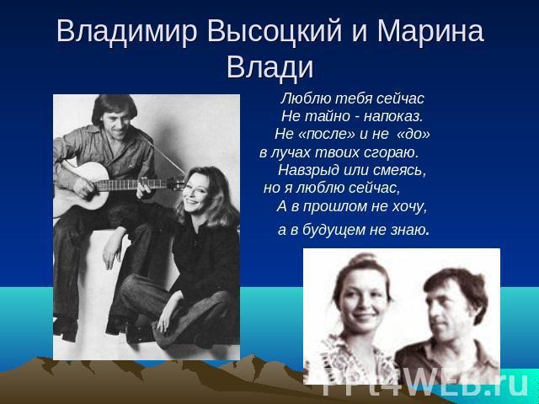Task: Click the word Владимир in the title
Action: point(127,32)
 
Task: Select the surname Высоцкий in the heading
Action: point(275,32)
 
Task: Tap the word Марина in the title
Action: point(430,32)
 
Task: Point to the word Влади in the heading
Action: point(270,67)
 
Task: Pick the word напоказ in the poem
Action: point(393,117)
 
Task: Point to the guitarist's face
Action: point(116,122)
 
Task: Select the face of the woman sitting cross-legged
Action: point(196,196)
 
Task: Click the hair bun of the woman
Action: point(365,258)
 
